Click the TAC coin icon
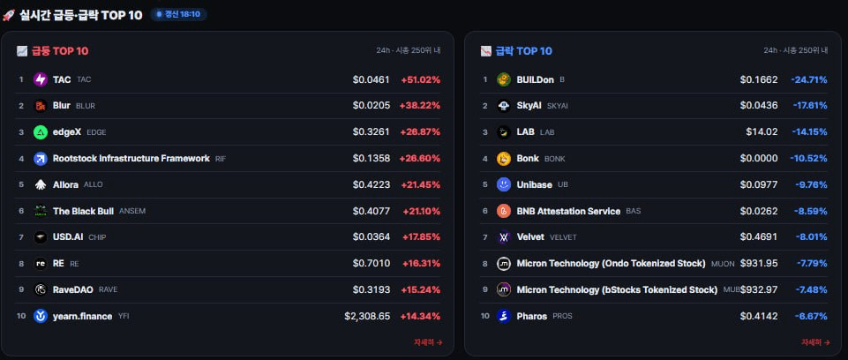click(x=41, y=79)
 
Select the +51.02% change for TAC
click(x=420, y=79)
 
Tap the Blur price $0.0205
click(x=371, y=105)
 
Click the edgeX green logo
click(x=41, y=131)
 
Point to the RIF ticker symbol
click(x=221, y=158)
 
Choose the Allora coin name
click(x=65, y=185)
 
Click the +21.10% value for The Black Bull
click(x=421, y=211)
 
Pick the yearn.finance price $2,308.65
click(x=367, y=316)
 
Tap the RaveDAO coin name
click(x=73, y=289)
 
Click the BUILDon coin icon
click(x=504, y=79)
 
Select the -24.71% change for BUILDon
click(x=809, y=79)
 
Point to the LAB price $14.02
click(x=762, y=131)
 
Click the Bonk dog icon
click(x=504, y=158)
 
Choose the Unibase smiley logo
click(x=504, y=185)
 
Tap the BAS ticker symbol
click(x=634, y=211)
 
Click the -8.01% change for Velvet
click(x=811, y=237)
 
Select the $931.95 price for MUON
click(x=759, y=263)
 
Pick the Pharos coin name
click(x=531, y=316)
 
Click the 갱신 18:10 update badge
click(x=178, y=15)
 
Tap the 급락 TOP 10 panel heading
click(x=523, y=51)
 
